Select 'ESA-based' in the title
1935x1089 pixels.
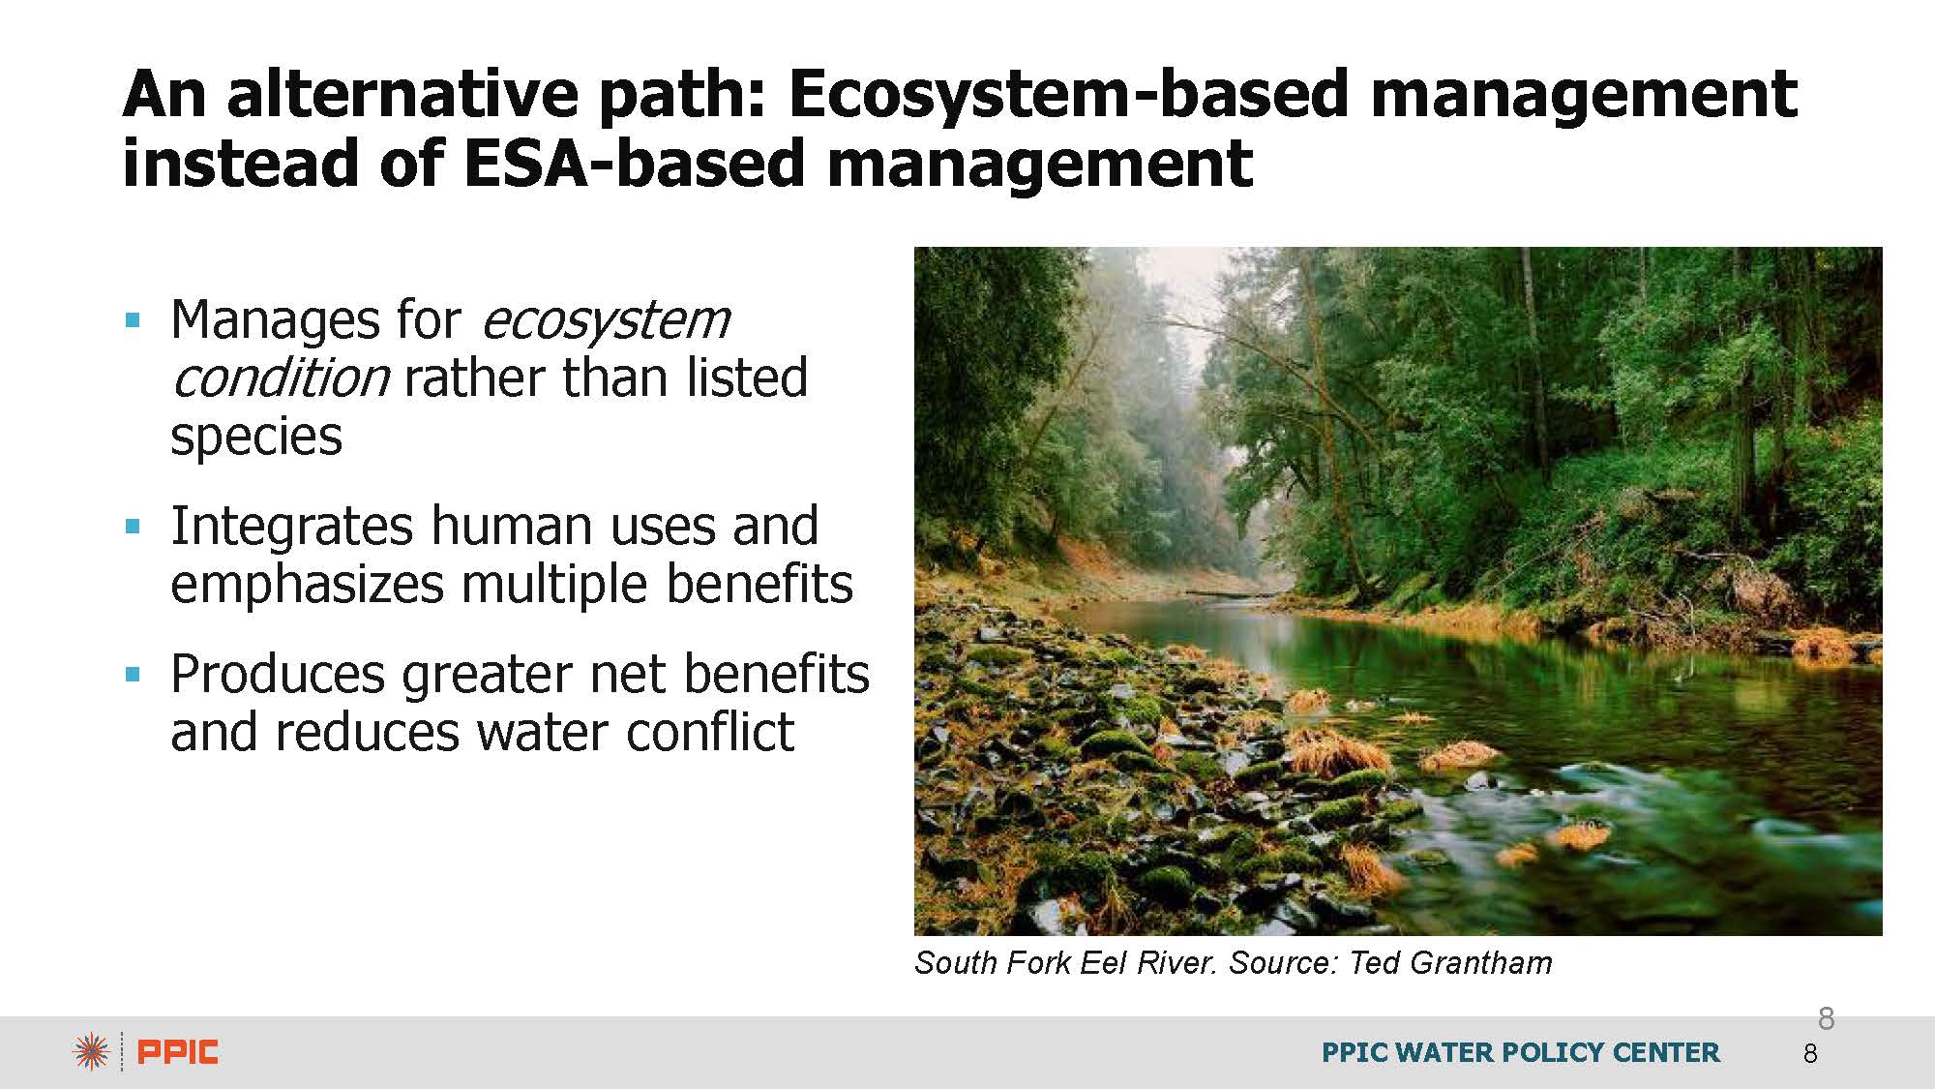(634, 162)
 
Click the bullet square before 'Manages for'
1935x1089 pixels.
(134, 320)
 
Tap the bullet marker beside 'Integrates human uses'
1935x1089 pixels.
(134, 528)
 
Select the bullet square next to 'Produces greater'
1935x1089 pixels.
(134, 675)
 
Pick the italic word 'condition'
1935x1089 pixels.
(281, 378)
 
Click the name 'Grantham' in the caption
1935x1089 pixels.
(1481, 963)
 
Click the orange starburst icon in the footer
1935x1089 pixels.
(91, 1052)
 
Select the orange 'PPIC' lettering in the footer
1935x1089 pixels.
(178, 1052)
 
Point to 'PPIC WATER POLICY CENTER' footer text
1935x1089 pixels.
(1521, 1052)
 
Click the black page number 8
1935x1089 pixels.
(1810, 1054)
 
